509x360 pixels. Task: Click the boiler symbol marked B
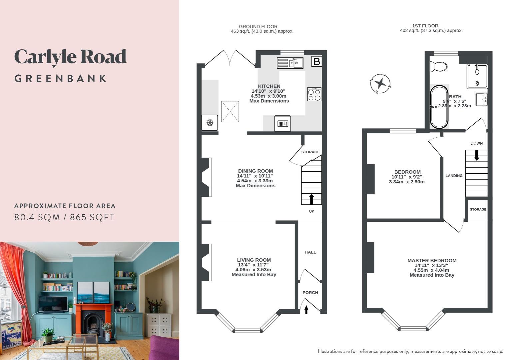tap(316, 61)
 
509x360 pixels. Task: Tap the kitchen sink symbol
tap(290, 63)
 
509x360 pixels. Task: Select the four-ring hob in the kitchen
tap(314, 94)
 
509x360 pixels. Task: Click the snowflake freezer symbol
tap(210, 123)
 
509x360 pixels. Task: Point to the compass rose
tap(380, 84)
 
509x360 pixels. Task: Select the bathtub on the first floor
tap(439, 107)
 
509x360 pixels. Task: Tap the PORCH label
tap(310, 293)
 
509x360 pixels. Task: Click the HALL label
tap(310, 252)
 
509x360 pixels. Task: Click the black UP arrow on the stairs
tap(311, 199)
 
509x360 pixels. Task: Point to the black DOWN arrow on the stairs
tap(476, 155)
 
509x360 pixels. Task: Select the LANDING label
tap(454, 176)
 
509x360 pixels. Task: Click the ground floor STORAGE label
tap(310, 152)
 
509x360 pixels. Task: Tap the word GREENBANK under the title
tap(61, 79)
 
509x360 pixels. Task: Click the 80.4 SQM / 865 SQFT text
tap(64, 217)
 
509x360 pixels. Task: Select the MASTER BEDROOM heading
tap(432, 260)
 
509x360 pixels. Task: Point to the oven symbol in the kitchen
tap(282, 124)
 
